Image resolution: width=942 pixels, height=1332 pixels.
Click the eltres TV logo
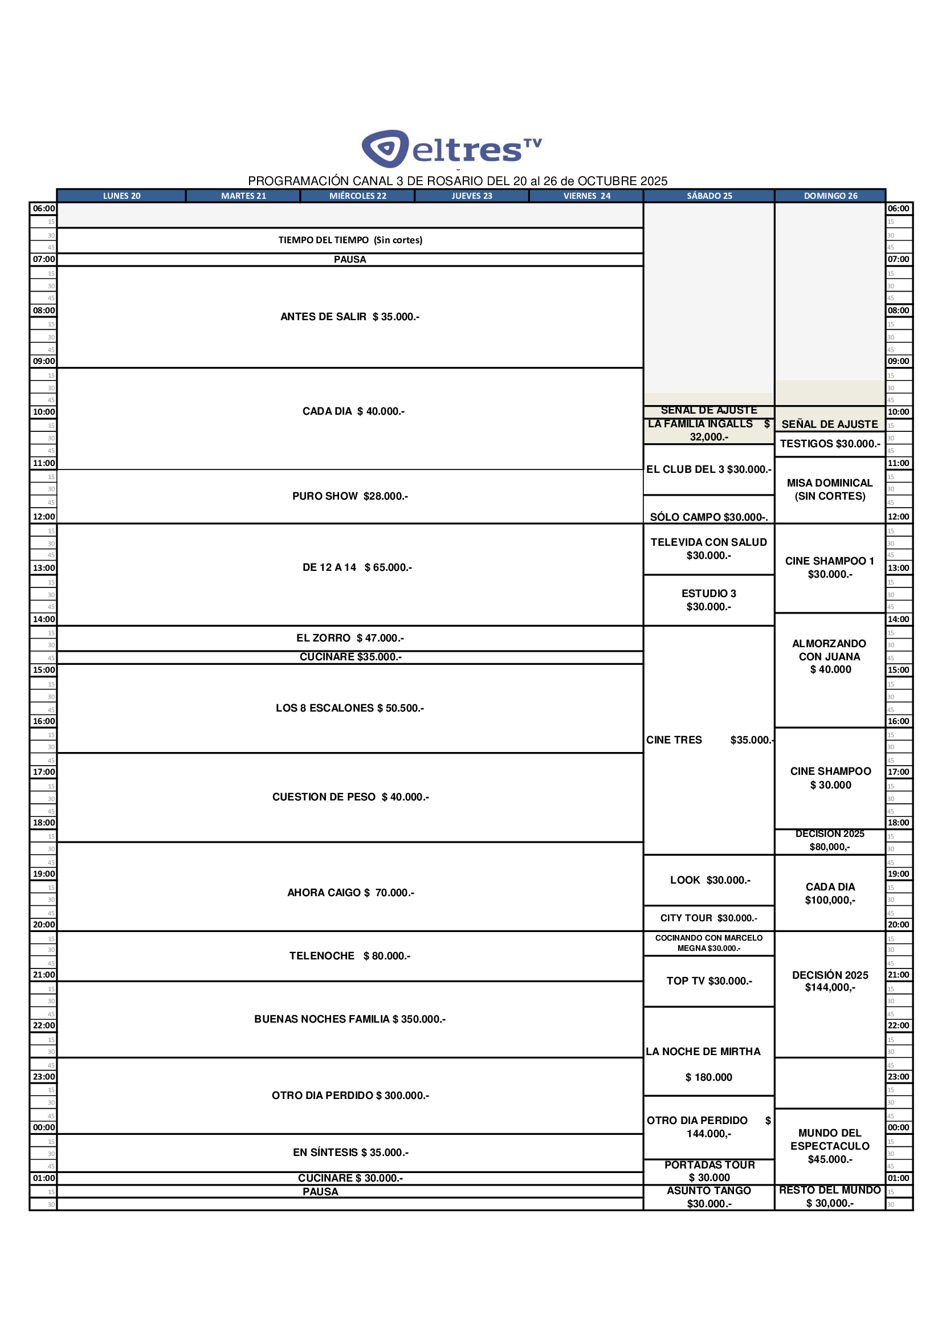pos(451,149)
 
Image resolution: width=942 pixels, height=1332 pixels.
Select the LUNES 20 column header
pos(121,196)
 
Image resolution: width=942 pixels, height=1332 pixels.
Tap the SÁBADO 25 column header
pos(709,196)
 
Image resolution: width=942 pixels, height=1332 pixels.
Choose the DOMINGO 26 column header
pos(830,196)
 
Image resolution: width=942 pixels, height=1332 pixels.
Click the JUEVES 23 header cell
pos(471,196)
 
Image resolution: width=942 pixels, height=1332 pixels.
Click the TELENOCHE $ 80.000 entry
pos(349,955)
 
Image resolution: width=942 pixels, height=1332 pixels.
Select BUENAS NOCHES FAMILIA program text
pos(349,1019)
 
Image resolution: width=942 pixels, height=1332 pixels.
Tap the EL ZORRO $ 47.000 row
pos(349,638)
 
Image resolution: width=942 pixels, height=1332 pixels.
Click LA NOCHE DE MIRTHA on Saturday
pos(703,1051)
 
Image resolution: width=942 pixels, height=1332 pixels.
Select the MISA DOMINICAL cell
pos(829,489)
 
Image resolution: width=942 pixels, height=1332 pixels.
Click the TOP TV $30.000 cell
pos(709,980)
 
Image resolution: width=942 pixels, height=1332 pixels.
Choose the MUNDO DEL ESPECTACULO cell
pos(829,1146)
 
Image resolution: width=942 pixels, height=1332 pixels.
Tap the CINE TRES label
pos(674,739)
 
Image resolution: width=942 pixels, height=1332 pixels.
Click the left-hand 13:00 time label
pos(43,568)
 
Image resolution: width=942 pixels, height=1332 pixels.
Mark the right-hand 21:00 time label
pos(898,975)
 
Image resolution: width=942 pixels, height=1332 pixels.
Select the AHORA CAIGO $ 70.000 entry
pos(350,892)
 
